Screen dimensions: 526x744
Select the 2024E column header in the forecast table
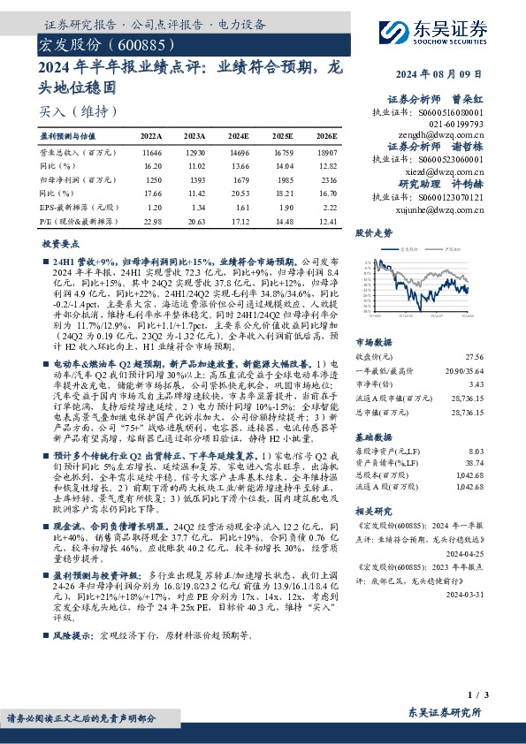coord(239,137)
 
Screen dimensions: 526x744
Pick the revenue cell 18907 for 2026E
coord(325,153)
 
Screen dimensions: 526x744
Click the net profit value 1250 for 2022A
coord(153,179)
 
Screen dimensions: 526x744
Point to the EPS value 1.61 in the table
coord(240,206)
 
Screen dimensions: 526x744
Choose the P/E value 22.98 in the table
coord(153,220)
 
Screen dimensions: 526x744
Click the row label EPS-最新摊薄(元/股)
coord(70,206)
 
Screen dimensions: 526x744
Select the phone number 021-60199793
coord(458,125)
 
